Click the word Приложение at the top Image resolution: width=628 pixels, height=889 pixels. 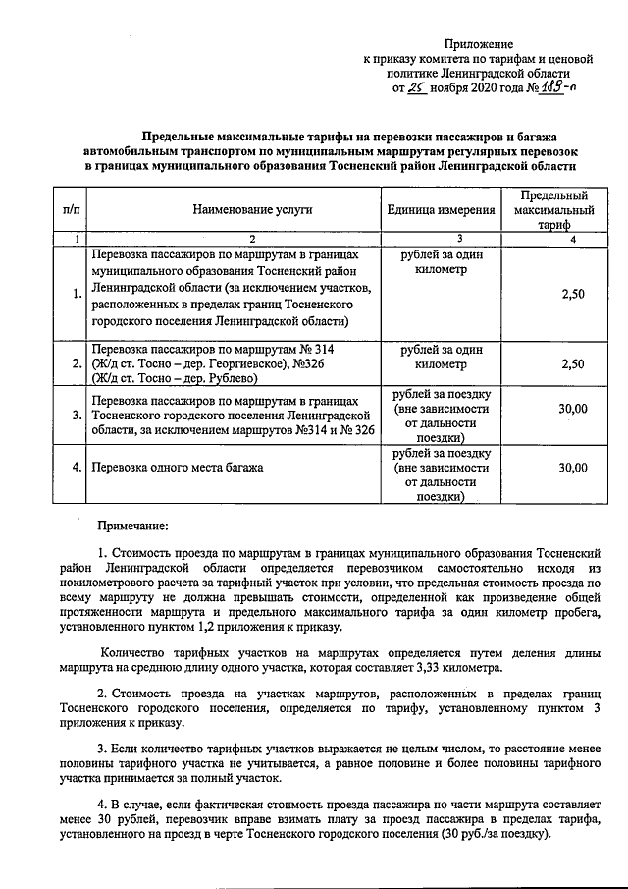[x=479, y=44]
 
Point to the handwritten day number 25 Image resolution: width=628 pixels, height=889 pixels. [x=418, y=86]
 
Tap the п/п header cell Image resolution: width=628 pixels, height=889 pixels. [x=71, y=210]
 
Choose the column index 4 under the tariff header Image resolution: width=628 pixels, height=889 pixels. [x=573, y=239]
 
